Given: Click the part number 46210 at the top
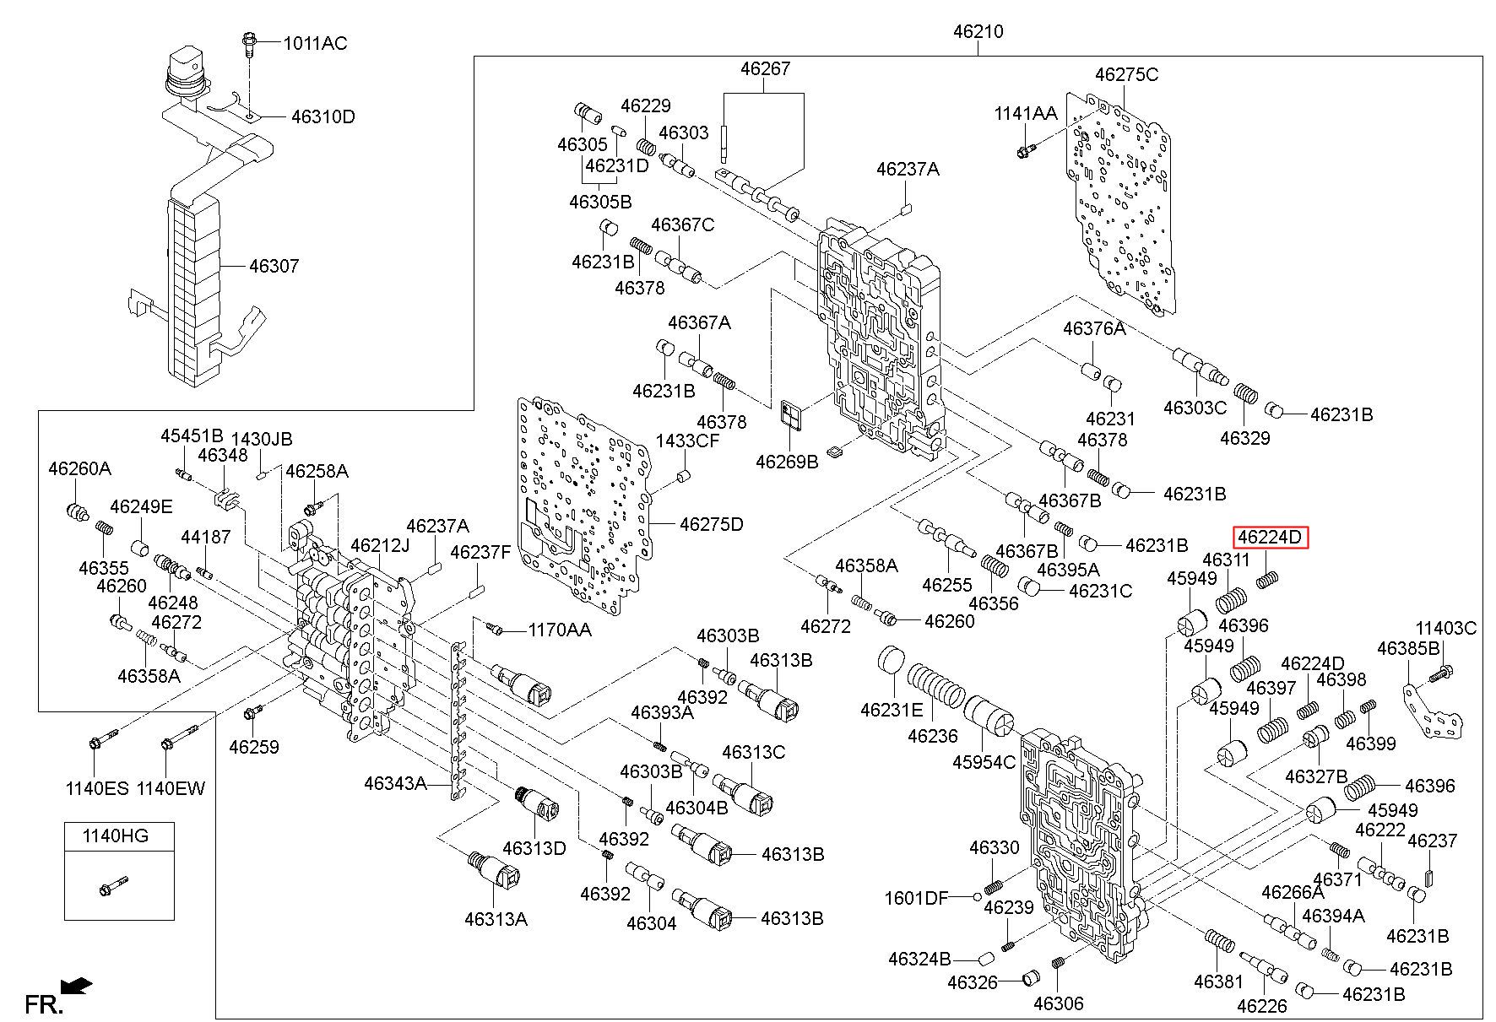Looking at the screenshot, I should click(978, 32).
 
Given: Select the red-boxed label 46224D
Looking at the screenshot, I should click(1271, 537).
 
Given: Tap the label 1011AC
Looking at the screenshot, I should click(315, 43).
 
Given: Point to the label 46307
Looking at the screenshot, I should click(274, 267).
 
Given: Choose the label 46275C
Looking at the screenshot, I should click(1126, 74).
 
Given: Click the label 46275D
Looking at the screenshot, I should click(712, 525).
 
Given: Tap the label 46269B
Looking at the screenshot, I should click(787, 462).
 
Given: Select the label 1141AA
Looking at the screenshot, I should click(1025, 113).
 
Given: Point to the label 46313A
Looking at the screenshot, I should click(496, 919).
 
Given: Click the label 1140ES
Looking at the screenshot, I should click(97, 788).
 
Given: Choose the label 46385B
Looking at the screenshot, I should click(1408, 648).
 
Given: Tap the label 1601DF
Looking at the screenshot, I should click(917, 898).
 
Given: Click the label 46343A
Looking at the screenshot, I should click(395, 783).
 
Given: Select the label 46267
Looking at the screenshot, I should click(766, 68).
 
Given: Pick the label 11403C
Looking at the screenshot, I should click(1446, 628).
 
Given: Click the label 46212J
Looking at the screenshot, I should click(380, 545).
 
